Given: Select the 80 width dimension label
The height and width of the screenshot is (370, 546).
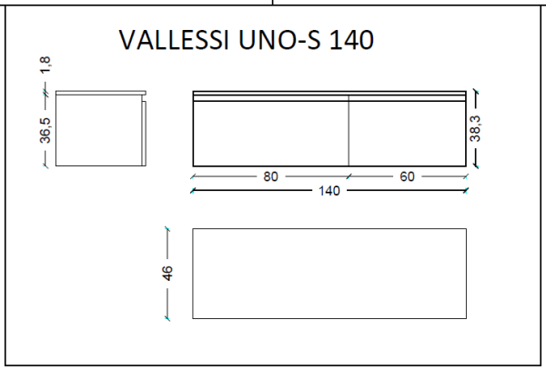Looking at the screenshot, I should (x=270, y=176).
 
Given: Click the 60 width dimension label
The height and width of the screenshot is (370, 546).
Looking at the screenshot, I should (x=407, y=176).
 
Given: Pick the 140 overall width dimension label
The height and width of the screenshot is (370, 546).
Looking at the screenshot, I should (x=329, y=191).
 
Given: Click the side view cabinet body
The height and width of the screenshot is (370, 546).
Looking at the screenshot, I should (x=98, y=132).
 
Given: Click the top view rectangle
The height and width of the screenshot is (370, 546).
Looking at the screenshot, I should (x=329, y=273).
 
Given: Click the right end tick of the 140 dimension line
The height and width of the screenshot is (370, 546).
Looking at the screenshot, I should (x=466, y=191).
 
